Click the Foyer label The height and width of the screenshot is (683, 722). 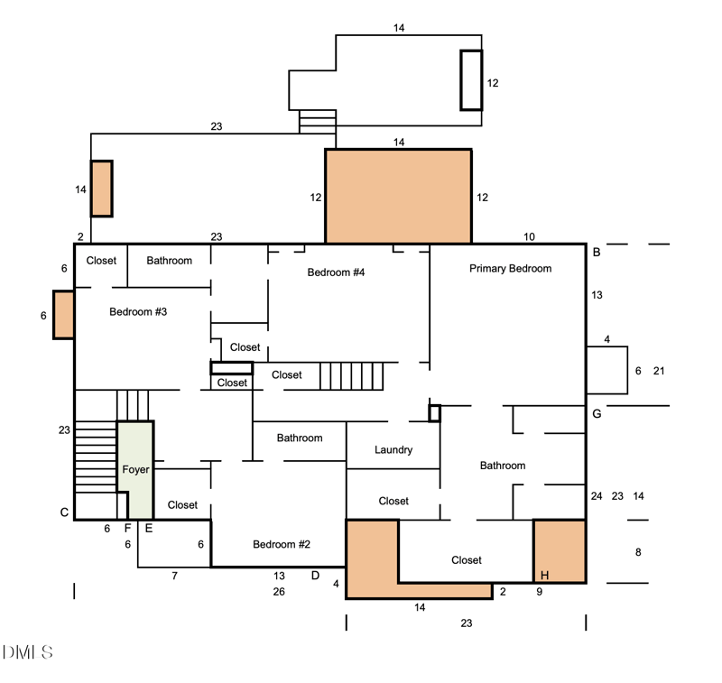pos(135,469)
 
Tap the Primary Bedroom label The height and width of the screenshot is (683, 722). pos(510,268)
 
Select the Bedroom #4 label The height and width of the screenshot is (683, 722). pos(336,272)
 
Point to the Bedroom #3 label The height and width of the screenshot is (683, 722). pos(138,311)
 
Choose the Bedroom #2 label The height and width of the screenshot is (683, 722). pos(282,544)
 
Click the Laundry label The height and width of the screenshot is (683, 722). pos(393,449)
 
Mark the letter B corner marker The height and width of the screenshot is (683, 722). pos(597,253)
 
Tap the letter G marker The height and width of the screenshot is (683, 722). pos(597,414)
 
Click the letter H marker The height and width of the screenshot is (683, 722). pos(545,575)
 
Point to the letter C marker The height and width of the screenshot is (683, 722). pos(64,512)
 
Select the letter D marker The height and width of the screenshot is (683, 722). pos(315,576)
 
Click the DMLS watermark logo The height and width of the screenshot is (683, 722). pos(28,652)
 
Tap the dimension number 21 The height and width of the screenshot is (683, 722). pos(659,371)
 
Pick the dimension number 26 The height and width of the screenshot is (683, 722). pos(279,591)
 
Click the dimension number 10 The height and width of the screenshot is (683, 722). pos(529,236)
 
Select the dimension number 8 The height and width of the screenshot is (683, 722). pos(638,552)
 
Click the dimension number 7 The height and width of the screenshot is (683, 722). pos(174,576)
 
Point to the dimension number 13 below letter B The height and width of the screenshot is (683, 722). pos(597,295)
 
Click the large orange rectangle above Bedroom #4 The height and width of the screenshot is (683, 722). pos(398,196)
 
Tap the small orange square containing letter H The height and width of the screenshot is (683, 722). pos(560,551)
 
